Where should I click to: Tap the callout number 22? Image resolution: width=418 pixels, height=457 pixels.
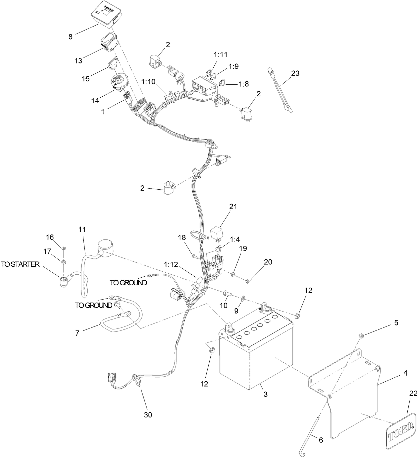click(413, 393)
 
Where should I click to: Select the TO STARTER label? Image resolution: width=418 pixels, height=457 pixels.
click(20, 264)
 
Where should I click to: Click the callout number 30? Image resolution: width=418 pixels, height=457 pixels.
click(148, 415)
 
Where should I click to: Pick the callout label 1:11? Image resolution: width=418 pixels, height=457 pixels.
click(221, 54)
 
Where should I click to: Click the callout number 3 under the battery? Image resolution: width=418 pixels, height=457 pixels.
click(265, 394)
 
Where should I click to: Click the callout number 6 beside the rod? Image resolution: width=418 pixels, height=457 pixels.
click(321, 440)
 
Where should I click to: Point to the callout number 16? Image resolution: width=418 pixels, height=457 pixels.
click(50, 237)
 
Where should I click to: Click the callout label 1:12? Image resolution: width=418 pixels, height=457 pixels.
click(171, 264)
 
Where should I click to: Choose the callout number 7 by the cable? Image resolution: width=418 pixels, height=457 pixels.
click(77, 333)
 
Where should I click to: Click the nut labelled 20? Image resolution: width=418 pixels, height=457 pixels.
click(247, 281)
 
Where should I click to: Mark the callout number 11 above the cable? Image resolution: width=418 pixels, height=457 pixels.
click(82, 229)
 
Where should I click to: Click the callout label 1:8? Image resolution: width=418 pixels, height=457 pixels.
click(243, 84)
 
